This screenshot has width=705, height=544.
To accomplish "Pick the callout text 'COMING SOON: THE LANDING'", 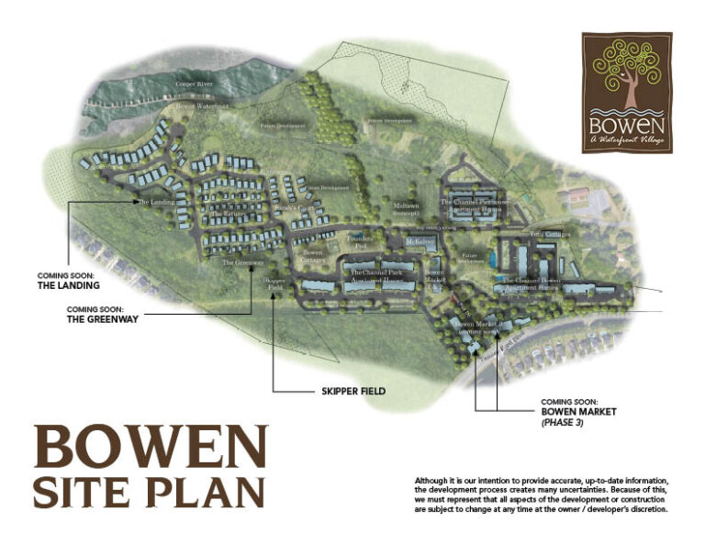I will (66, 281).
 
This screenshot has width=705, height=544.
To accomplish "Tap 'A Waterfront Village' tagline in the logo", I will (627, 139).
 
